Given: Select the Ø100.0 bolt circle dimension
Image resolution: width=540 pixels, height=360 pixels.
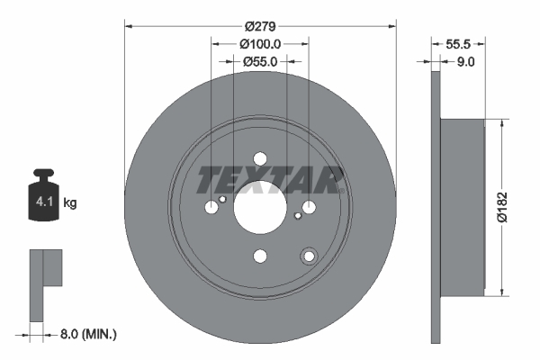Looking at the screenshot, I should pos(261,43).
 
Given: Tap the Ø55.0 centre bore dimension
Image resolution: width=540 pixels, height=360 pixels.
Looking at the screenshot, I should pos(259,62).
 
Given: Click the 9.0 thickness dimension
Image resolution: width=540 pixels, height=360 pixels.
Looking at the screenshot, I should pos(467,62).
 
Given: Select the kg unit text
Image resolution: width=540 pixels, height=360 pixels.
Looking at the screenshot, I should pos(70,203).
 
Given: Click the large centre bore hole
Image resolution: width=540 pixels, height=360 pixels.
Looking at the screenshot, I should pos(260,207).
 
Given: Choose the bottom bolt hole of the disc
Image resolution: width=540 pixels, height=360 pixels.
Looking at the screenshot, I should pos(260,256).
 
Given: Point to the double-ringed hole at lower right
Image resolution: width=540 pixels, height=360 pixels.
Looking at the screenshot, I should pos(309,256).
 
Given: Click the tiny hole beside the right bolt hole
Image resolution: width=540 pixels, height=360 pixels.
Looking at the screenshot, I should pos(298,215).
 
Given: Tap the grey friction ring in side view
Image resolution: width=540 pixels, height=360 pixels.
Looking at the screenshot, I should pos(436,207).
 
